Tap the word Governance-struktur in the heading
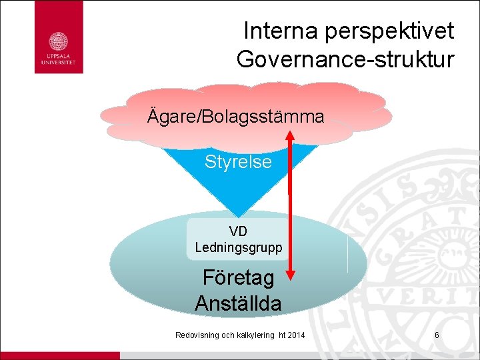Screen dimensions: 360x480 tap(345, 59)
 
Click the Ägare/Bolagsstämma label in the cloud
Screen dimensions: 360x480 tap(235, 117)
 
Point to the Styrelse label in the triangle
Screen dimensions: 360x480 tap(238, 161)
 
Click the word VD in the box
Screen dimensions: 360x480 tap(238, 231)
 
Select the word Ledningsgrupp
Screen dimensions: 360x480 tap(238, 247)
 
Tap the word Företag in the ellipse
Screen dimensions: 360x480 tap(237, 277)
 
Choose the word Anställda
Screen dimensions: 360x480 tap(238, 303)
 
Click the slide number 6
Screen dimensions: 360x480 tap(437, 335)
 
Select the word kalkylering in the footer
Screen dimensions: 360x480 tap(253, 335)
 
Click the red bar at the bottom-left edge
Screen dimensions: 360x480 tap(60, 355)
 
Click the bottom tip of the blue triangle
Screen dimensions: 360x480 tap(238, 215)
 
